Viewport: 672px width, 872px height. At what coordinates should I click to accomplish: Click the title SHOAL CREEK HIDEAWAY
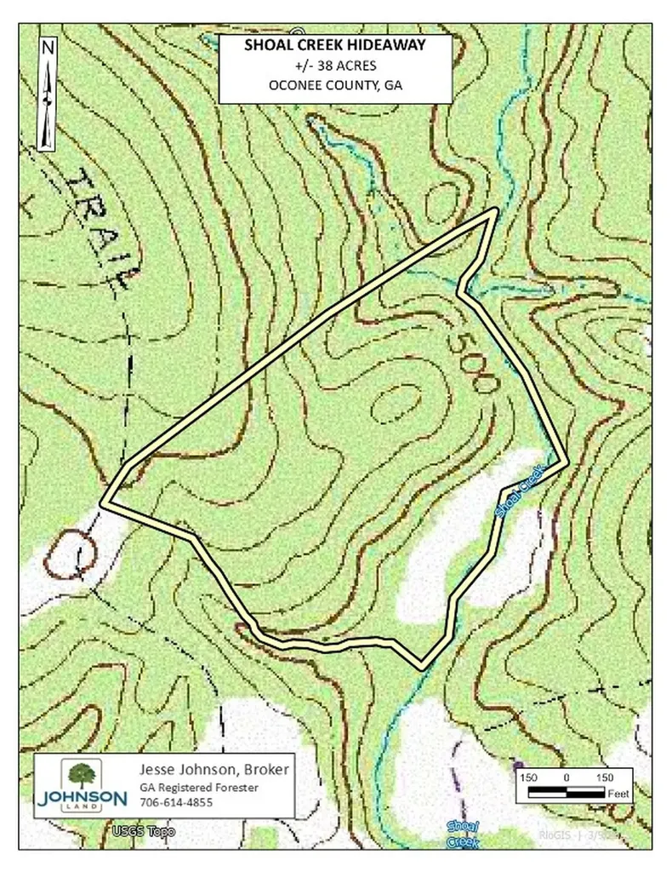(x=335, y=46)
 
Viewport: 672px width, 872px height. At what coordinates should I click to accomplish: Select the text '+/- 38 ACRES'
(x=335, y=66)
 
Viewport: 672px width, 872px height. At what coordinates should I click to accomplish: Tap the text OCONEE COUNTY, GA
(x=335, y=87)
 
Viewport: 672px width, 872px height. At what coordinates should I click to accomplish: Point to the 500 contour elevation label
(x=470, y=362)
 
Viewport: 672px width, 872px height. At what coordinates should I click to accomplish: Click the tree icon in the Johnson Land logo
(x=82, y=776)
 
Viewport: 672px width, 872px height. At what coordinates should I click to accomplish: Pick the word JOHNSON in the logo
(x=82, y=798)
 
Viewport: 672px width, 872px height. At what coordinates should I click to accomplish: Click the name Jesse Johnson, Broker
(x=214, y=770)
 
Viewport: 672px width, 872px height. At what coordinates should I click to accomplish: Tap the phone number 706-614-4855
(x=176, y=802)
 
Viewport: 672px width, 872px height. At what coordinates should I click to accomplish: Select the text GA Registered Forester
(x=198, y=787)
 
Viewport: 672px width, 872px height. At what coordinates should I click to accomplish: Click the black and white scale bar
(x=566, y=793)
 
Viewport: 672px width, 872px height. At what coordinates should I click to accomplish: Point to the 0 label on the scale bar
(x=567, y=777)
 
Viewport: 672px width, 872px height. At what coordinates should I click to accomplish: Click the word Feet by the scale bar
(x=618, y=793)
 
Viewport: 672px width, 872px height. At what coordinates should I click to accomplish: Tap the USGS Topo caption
(x=135, y=829)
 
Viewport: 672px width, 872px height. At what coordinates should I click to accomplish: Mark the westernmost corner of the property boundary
(x=104, y=503)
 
